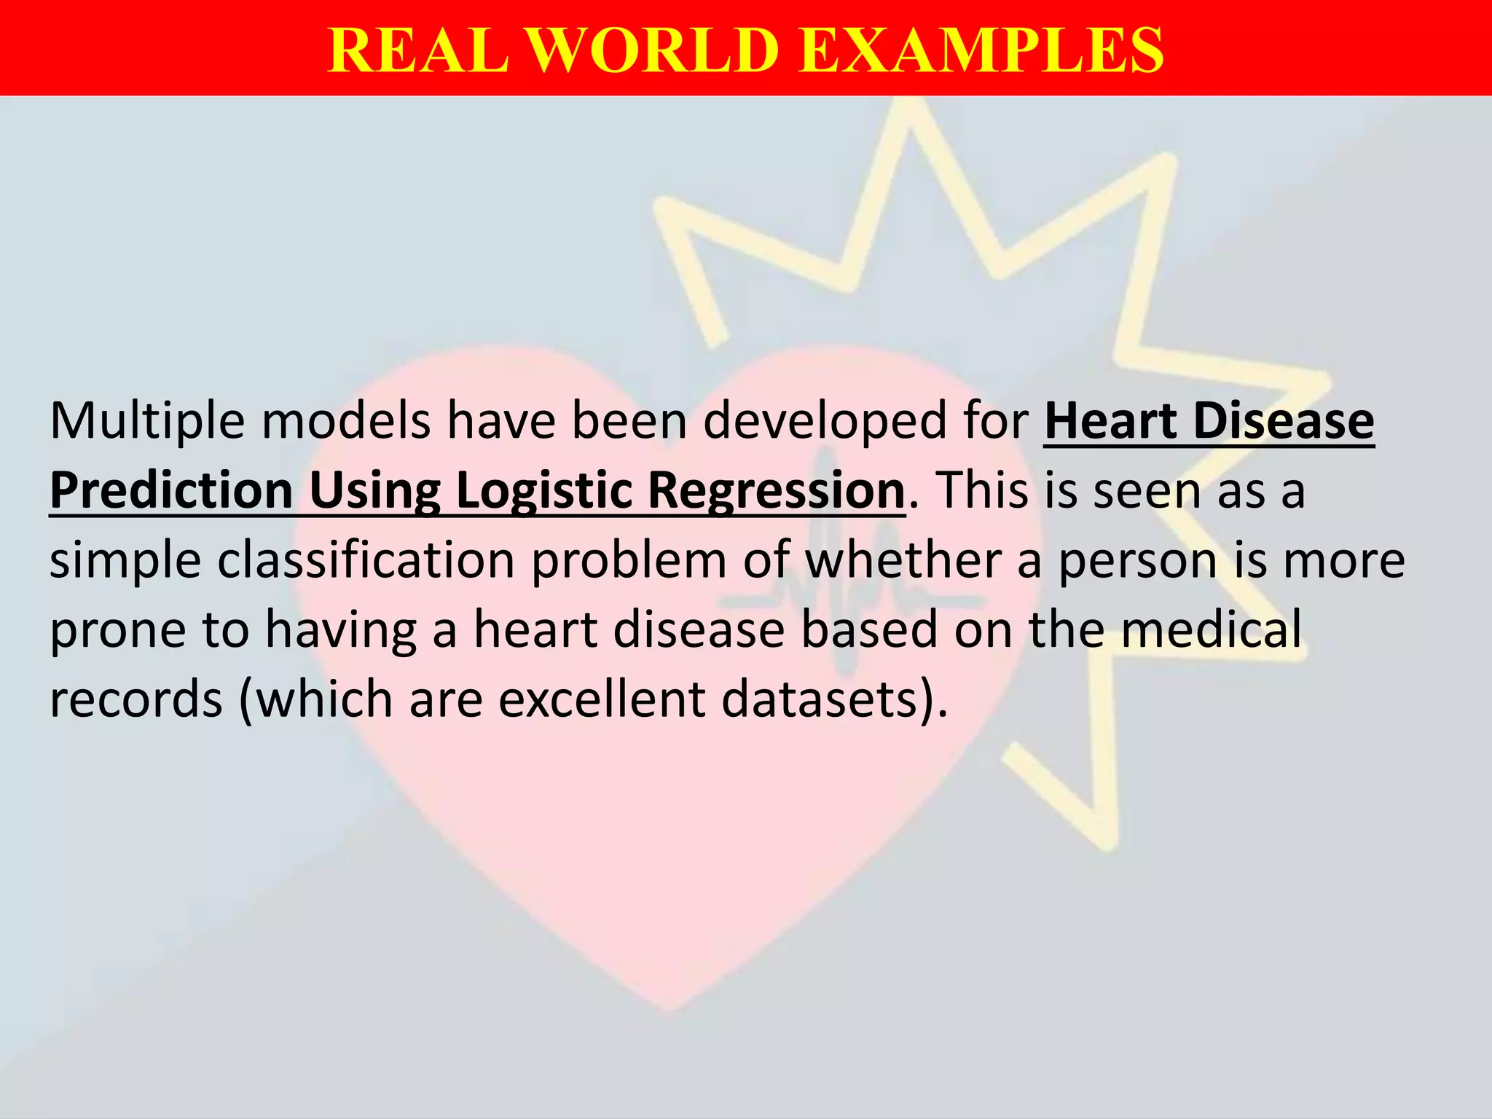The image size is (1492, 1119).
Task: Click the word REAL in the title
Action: click(418, 50)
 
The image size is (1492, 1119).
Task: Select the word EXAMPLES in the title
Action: click(981, 50)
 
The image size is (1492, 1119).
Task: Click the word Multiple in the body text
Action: click(146, 422)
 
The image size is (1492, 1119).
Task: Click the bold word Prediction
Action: click(171, 491)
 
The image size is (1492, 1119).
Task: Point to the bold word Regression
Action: click(776, 491)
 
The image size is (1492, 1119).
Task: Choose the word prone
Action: click(117, 630)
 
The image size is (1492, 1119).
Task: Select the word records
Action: click(136, 699)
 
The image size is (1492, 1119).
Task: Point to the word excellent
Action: click(602, 699)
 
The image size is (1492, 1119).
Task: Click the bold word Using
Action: click(374, 491)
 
